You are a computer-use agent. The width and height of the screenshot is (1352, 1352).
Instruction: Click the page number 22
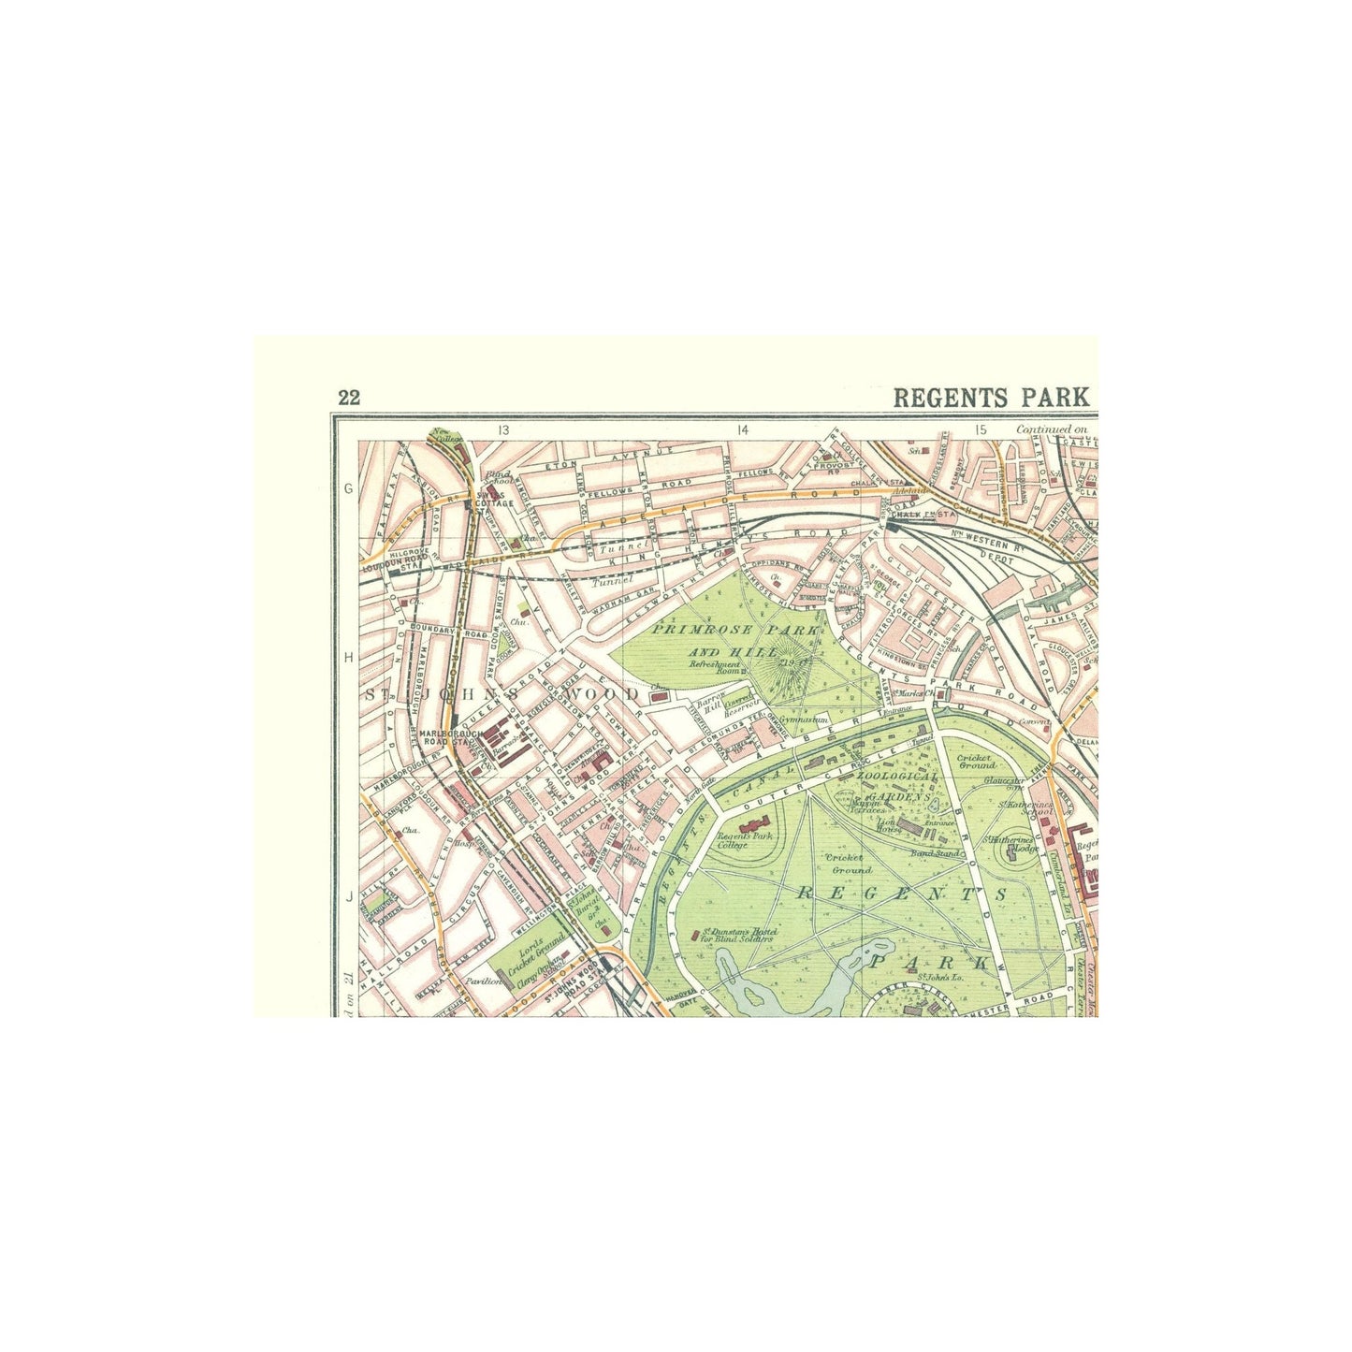point(349,398)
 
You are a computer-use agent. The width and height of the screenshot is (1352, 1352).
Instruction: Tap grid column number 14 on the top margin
point(743,430)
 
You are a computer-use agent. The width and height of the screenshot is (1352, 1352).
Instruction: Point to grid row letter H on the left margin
point(348,658)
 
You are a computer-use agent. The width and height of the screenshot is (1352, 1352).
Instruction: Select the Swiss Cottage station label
point(493,499)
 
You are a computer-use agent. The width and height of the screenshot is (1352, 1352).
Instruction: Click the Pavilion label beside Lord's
point(492,982)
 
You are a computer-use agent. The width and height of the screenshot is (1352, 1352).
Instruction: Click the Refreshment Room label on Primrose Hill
point(714,666)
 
